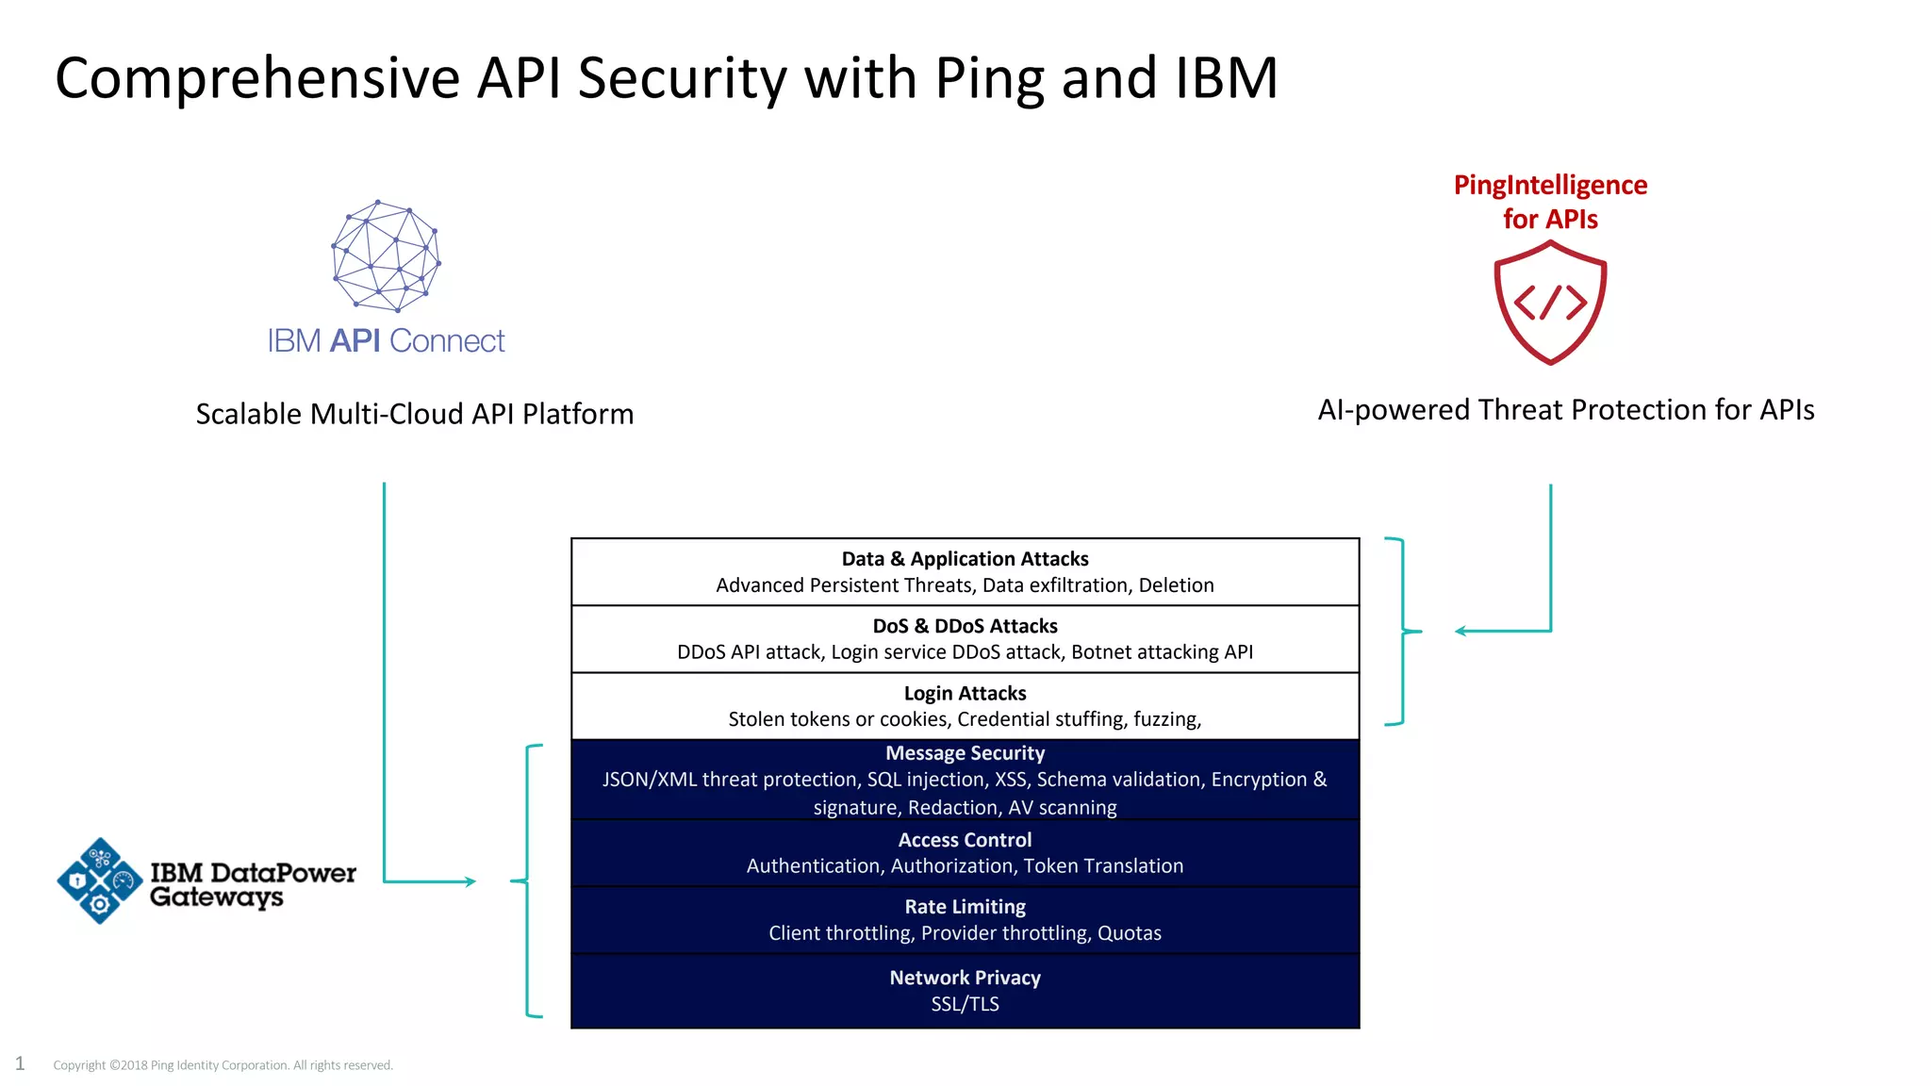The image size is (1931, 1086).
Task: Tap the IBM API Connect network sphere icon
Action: (x=386, y=255)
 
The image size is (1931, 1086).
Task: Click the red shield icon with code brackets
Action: (x=1550, y=303)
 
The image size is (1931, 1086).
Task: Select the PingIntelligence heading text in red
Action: (x=1550, y=185)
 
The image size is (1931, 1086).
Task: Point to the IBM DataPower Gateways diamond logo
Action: (x=99, y=880)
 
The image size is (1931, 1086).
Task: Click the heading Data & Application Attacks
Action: (x=965, y=559)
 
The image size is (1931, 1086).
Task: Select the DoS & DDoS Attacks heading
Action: (x=965, y=626)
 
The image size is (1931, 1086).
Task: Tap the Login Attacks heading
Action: (x=965, y=693)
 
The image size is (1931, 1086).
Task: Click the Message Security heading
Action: (x=965, y=753)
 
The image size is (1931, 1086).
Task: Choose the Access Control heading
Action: (x=965, y=840)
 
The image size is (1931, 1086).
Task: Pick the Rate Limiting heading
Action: (x=965, y=907)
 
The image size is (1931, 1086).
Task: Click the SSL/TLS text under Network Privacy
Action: (x=965, y=1004)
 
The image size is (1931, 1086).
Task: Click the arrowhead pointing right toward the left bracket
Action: (x=470, y=881)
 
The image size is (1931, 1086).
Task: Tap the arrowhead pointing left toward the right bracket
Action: (x=1461, y=631)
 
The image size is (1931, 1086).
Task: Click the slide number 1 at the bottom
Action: (x=20, y=1063)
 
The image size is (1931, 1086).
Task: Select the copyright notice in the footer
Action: (x=223, y=1065)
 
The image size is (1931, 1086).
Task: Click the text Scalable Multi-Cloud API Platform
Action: (x=414, y=414)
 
